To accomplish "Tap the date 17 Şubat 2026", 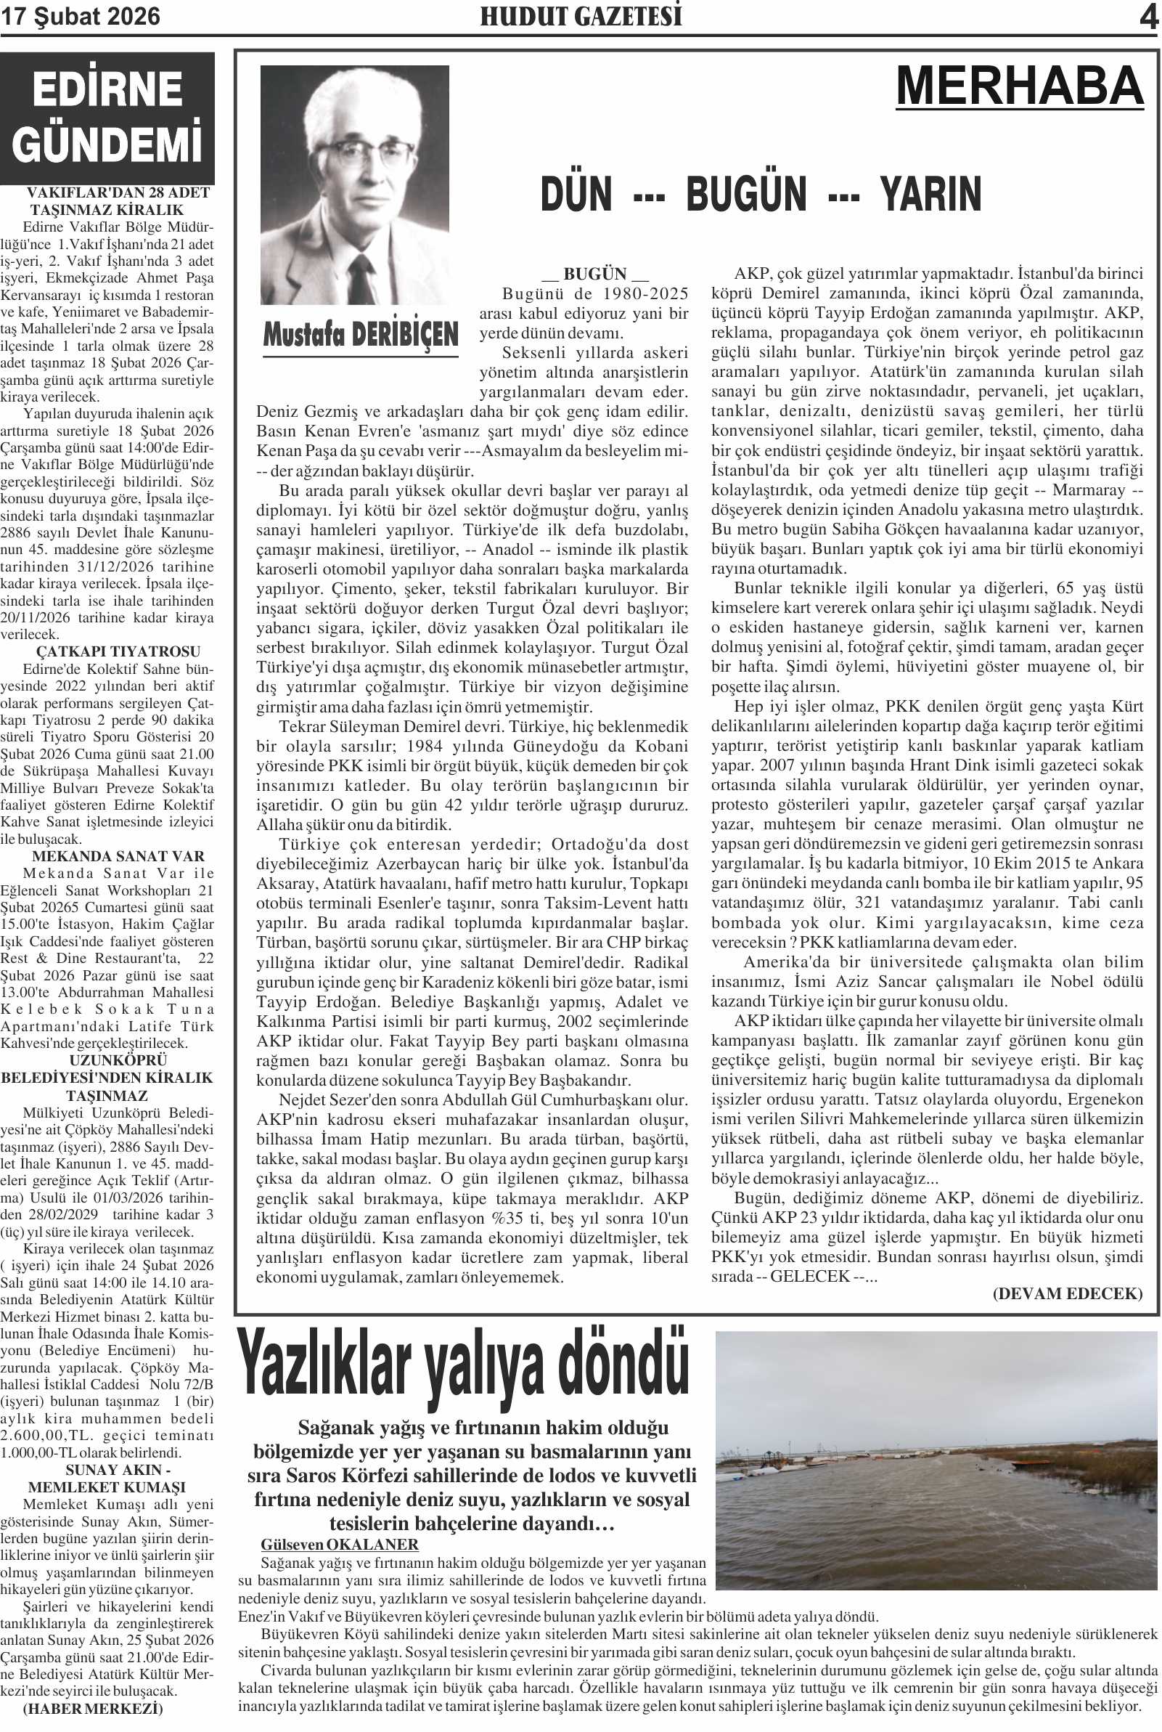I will tap(80, 17).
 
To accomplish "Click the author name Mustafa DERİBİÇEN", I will tap(361, 335).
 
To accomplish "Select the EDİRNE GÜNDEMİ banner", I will tap(107, 117).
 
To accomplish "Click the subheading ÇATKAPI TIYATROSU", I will tap(118, 651).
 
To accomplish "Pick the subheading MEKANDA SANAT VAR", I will tap(118, 856).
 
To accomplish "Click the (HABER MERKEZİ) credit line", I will tap(93, 1708).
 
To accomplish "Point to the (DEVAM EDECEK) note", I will tap(1067, 1293).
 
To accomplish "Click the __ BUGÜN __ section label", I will tap(595, 274).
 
